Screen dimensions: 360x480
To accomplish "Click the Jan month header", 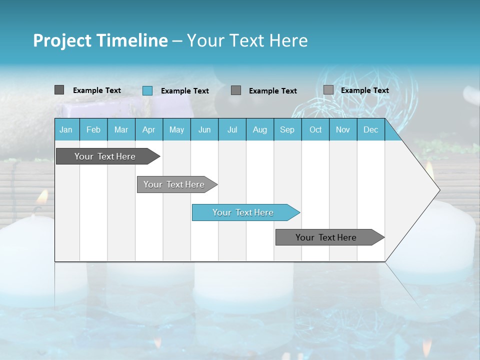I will pos(66,129).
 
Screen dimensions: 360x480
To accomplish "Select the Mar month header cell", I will pos(121,129).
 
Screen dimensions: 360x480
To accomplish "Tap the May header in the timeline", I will pos(176,129).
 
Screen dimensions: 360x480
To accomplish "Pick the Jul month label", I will pos(232,129).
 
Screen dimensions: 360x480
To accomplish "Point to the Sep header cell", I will pos(287,129).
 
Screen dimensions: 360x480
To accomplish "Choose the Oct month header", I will pos(315,129).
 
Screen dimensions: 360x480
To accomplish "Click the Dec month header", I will pos(370,129).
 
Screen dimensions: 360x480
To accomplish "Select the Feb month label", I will pos(93,129).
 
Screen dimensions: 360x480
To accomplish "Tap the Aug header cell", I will pos(259,129).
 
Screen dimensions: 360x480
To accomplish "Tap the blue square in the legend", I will pos(147,90).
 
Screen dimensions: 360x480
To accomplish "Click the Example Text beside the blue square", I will pos(184,91).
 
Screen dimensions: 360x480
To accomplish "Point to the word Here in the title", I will pos(288,40).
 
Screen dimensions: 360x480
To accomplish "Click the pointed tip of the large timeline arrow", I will pos(438,190).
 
